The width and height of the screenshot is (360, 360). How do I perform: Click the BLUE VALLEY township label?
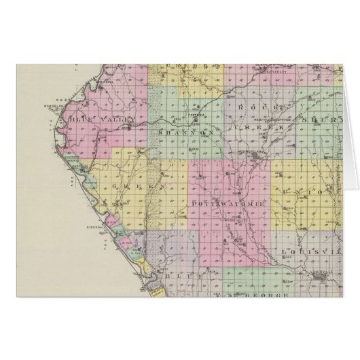(94, 118)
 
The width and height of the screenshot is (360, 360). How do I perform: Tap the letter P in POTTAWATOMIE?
(194, 203)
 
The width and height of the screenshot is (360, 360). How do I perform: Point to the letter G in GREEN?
(115, 184)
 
